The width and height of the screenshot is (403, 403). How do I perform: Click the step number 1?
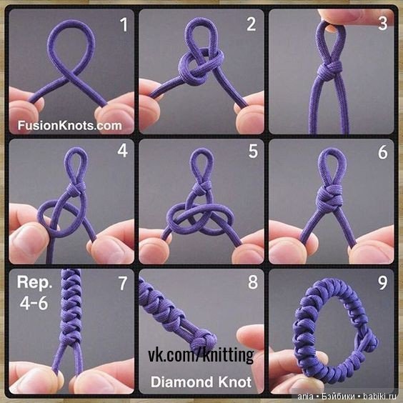[x=124, y=25]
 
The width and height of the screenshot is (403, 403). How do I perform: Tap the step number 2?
[x=252, y=24]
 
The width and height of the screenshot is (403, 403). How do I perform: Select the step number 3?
[x=383, y=24]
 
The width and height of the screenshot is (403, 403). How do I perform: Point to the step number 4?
[x=123, y=151]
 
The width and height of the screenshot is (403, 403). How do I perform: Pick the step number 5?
[x=253, y=151]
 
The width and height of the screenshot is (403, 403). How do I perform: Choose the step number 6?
[x=383, y=152]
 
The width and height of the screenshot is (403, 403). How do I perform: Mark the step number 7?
[x=123, y=283]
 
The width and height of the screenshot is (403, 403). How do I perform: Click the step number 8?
[x=253, y=282]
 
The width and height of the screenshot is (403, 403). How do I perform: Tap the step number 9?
[x=383, y=283]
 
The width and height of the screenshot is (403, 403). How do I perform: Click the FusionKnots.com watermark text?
[x=69, y=126]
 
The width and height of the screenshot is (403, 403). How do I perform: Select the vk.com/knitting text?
[x=201, y=355]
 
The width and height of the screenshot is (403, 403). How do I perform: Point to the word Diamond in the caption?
[x=181, y=382]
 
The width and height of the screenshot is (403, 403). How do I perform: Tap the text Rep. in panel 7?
[x=34, y=283]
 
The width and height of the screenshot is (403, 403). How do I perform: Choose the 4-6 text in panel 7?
[x=34, y=303]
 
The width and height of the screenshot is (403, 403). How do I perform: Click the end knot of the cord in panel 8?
[x=204, y=342]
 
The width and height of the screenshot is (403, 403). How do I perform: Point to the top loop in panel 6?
[x=332, y=167]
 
